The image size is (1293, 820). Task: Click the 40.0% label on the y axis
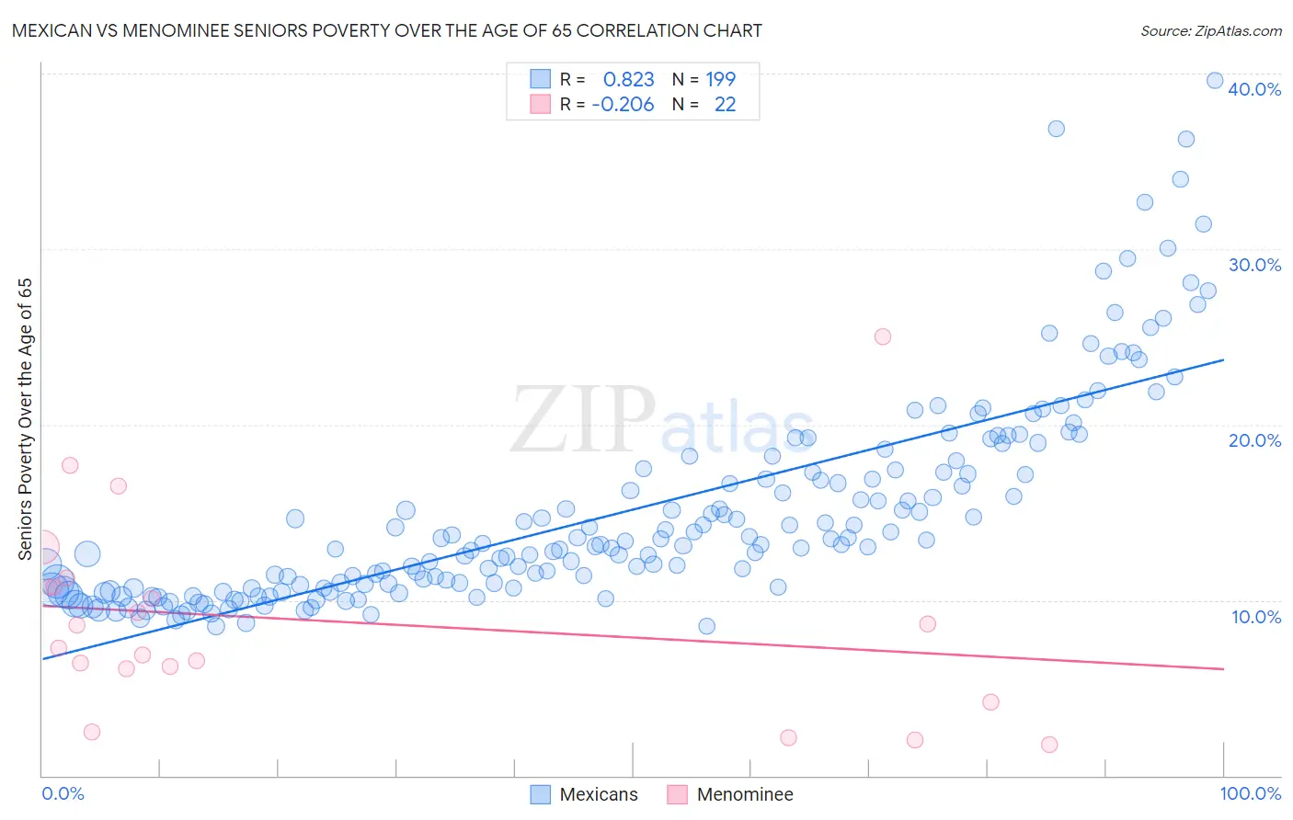click(1254, 89)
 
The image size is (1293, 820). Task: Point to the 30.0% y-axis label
click(1254, 265)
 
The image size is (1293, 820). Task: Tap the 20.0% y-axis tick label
click(1254, 440)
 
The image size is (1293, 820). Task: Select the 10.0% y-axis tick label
click(1254, 617)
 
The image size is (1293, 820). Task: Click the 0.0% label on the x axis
click(63, 793)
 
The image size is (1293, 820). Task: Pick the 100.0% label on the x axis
click(1250, 793)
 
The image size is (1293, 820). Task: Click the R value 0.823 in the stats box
click(629, 80)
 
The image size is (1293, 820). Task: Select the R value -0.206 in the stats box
click(623, 105)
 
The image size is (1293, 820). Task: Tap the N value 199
click(720, 80)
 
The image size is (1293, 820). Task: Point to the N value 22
click(725, 105)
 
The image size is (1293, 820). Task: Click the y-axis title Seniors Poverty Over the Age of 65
click(26, 419)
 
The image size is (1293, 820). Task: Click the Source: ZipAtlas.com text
click(1210, 30)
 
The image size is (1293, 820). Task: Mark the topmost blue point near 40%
click(1214, 81)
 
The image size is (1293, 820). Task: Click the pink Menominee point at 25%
click(882, 336)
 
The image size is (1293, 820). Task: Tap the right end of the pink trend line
click(1223, 668)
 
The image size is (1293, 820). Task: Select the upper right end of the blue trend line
click(1223, 359)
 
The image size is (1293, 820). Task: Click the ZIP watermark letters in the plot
click(583, 420)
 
